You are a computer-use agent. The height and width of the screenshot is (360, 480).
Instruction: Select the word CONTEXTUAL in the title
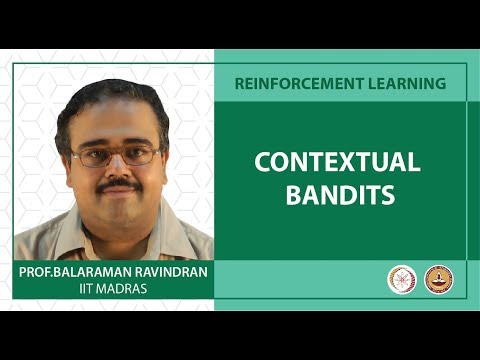337,163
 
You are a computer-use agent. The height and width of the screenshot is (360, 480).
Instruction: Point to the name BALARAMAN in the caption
96,273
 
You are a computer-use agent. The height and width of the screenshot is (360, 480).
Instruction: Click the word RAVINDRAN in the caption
170,273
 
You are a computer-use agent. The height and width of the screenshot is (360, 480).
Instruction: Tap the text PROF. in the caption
35,273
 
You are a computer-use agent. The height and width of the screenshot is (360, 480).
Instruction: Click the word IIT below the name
87,289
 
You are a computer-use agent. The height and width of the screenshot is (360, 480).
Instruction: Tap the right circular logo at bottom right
439,280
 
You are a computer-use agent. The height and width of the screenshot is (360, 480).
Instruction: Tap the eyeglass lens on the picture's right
139,154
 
